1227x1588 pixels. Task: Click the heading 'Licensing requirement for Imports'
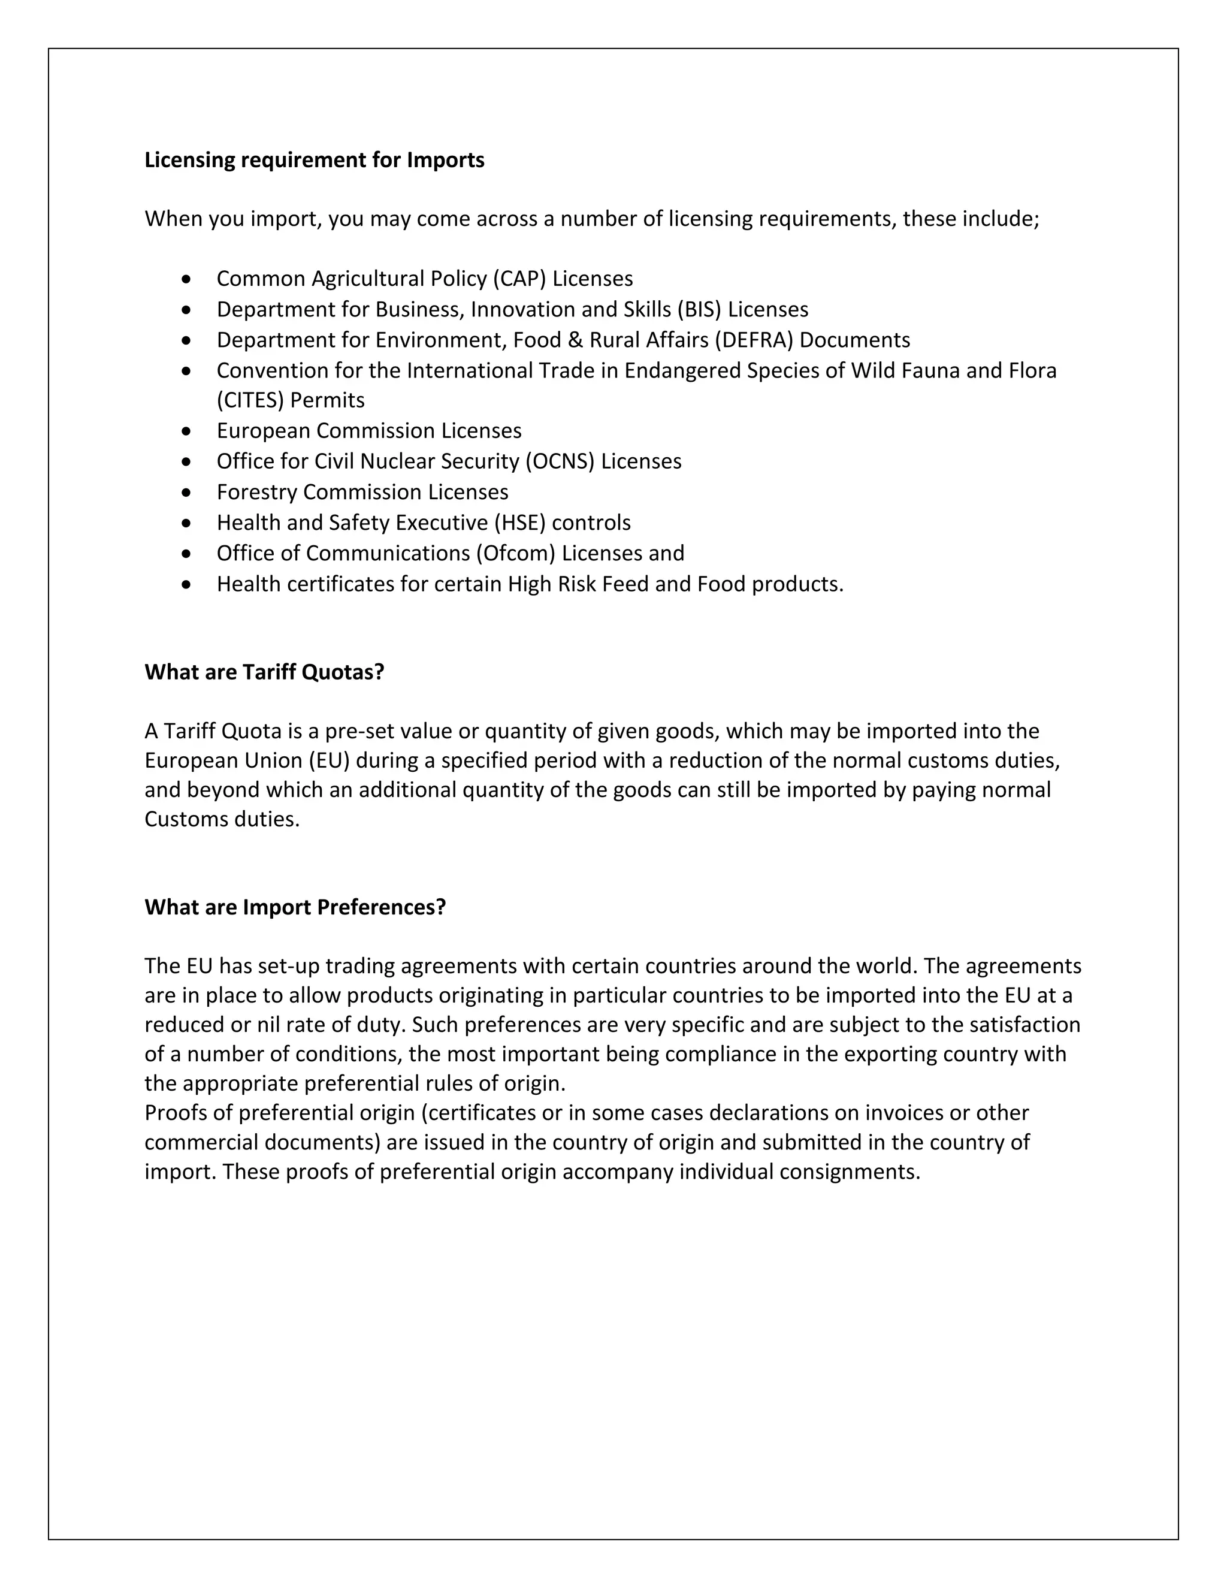coord(314,160)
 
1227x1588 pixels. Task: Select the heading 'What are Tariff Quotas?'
coord(264,672)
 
